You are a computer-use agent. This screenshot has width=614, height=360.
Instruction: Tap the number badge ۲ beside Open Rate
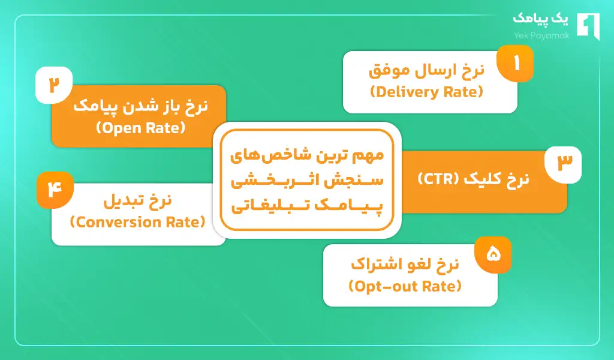(x=55, y=85)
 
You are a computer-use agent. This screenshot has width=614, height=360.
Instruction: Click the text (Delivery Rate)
(x=426, y=92)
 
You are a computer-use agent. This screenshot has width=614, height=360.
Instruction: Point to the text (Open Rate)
(x=141, y=128)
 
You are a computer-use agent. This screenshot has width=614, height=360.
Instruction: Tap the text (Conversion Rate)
(x=138, y=222)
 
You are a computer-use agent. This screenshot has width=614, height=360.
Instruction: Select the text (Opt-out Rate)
(x=405, y=287)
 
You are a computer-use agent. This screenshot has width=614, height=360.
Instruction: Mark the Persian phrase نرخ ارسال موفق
(x=426, y=71)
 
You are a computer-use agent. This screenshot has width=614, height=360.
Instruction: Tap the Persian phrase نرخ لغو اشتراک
(x=405, y=265)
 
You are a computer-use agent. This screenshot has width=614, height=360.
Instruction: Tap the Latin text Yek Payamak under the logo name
(x=538, y=35)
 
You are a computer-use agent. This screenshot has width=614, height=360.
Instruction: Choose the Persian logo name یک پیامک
(x=538, y=20)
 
